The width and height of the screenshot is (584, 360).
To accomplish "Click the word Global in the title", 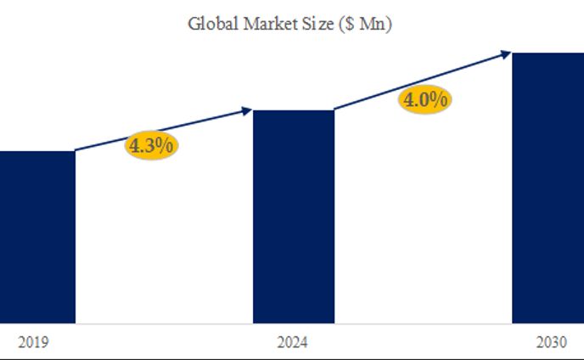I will (209, 24).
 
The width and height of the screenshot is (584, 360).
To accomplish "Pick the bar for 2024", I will (294, 217).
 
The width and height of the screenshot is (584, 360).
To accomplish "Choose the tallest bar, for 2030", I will (547, 187).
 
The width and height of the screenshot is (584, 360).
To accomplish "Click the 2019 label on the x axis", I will (32, 343).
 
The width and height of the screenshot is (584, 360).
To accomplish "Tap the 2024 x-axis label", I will (293, 343).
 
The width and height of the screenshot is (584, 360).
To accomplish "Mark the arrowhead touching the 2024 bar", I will (248, 110).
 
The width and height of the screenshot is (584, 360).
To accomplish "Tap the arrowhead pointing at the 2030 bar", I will (506, 54).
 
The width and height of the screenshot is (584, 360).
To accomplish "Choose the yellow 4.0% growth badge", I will (425, 100).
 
